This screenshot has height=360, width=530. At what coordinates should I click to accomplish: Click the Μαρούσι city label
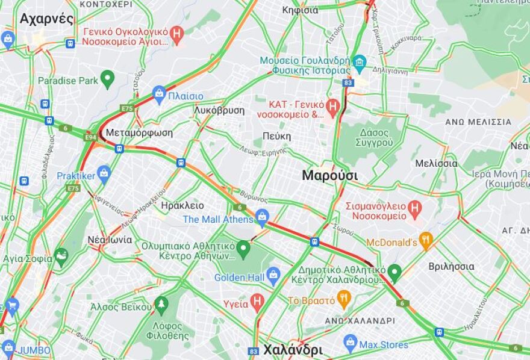pyautogui.click(x=329, y=176)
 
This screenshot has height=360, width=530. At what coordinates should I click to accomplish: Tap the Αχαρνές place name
pyautogui.click(x=46, y=19)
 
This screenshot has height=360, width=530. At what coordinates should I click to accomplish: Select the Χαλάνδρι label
pyautogui.click(x=293, y=350)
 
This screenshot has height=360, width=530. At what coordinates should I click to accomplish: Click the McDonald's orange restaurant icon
pyautogui.click(x=426, y=241)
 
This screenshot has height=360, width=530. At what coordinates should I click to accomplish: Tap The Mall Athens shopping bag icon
pyautogui.click(x=262, y=217)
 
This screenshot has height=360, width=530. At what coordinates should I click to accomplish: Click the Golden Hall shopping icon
pyautogui.click(x=273, y=276)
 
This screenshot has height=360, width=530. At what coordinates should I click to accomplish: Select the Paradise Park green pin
pyautogui.click(x=107, y=78)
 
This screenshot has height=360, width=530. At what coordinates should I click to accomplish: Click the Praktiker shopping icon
pyautogui.click(x=104, y=175)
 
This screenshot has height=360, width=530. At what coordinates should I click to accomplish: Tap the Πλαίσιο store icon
pyautogui.click(x=159, y=94)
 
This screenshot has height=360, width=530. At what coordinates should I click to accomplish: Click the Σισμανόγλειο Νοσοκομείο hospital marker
pyautogui.click(x=415, y=209)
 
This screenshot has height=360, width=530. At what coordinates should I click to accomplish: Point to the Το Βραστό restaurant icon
pyautogui.click(x=344, y=299)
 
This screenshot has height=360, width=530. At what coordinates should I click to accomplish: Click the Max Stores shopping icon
pyautogui.click(x=351, y=344)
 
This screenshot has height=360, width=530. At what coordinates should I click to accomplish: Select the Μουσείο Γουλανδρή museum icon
pyautogui.click(x=360, y=62)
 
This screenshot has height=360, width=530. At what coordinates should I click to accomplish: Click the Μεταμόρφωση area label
pyautogui.click(x=139, y=132)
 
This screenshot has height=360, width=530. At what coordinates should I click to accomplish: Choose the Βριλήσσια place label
pyautogui.click(x=451, y=266)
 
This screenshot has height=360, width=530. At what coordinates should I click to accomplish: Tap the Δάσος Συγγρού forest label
pyautogui.click(x=370, y=137)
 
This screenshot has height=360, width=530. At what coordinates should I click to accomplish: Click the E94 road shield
pyautogui.click(x=90, y=137)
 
